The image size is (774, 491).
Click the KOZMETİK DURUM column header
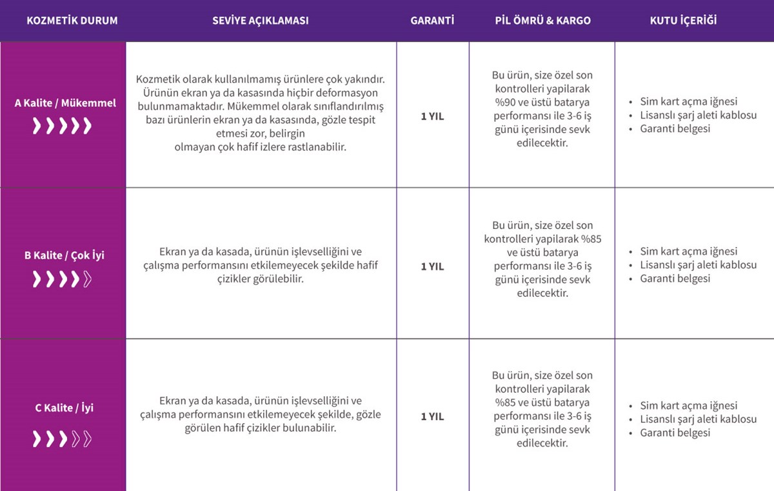click(x=72, y=21)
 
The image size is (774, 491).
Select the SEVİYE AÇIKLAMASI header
click(x=261, y=21)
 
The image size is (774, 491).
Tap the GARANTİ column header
click(x=432, y=21)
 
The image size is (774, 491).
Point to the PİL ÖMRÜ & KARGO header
click(x=542, y=21)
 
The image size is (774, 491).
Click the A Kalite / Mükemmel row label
click(x=65, y=103)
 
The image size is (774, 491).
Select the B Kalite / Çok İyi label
click(x=64, y=256)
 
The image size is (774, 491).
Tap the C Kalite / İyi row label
click(x=64, y=408)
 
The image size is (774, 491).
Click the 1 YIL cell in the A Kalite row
click(x=432, y=117)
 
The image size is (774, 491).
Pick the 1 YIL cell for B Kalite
click(x=432, y=266)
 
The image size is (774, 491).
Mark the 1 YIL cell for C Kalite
click(x=432, y=417)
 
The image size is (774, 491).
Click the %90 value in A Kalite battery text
click(x=506, y=103)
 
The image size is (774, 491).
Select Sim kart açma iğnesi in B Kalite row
click(x=688, y=252)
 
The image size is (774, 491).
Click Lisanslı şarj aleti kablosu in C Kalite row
click(x=698, y=419)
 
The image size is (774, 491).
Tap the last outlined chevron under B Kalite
click(x=87, y=279)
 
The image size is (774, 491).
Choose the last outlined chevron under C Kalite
click(x=87, y=439)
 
